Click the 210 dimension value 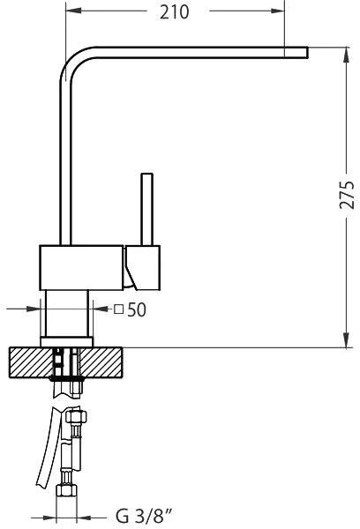tap(174, 12)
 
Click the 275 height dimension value tap(347, 195)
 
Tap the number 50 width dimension tap(137, 309)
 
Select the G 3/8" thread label tap(144, 517)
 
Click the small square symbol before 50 tap(118, 309)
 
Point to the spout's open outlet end tap(307, 52)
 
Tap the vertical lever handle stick tap(146, 209)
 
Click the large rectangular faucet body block tap(81, 267)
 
